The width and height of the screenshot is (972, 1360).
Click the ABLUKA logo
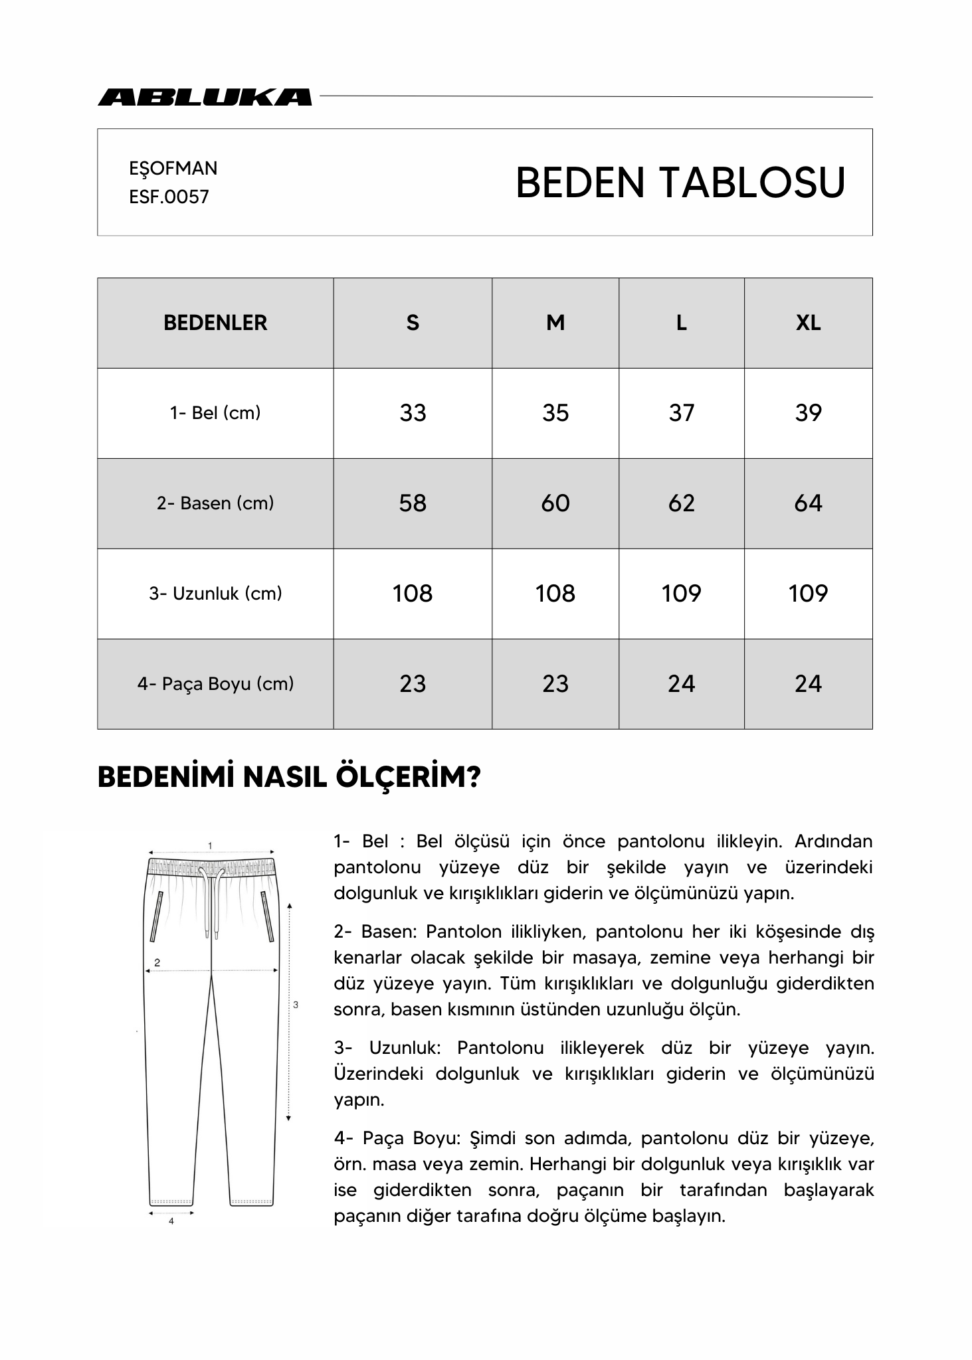(205, 97)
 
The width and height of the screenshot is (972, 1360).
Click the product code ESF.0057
(169, 197)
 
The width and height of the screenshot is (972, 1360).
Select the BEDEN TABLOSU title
(680, 183)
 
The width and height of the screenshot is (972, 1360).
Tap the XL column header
(808, 323)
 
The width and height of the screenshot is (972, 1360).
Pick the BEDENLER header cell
(215, 323)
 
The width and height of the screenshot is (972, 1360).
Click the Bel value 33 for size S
(413, 413)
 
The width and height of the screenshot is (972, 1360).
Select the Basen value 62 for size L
(681, 503)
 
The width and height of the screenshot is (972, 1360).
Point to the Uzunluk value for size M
(555, 594)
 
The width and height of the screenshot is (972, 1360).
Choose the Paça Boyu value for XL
(808, 684)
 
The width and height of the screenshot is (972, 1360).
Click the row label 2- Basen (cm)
(215, 503)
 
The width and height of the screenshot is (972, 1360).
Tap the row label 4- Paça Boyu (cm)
(215, 684)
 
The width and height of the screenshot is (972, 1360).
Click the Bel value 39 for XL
(808, 413)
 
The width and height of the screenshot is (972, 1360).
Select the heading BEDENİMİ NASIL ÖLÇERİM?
(289, 777)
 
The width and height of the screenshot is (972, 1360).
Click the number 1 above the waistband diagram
(211, 845)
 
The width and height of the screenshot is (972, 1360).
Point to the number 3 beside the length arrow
(296, 1005)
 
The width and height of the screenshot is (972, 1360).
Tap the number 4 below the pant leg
(171, 1221)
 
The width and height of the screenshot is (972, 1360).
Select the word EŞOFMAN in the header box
(173, 169)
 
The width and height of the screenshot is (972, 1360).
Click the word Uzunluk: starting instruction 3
(405, 1049)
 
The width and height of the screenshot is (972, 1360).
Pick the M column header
(555, 323)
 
